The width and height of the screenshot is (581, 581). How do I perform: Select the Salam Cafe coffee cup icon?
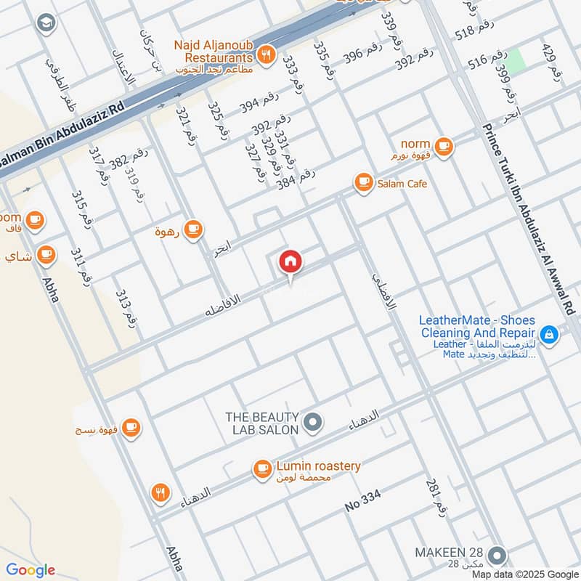pos(362,183)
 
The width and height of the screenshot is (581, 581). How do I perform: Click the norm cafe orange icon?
pos(444,146)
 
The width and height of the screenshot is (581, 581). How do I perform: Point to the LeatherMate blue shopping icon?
pos(550,334)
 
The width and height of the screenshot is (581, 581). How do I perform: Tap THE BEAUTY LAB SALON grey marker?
pos(313,422)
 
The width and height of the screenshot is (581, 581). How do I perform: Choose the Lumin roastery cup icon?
pos(261,470)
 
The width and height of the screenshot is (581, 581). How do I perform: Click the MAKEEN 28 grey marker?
pos(497,556)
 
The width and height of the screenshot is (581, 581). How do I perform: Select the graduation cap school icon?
pos(46,23)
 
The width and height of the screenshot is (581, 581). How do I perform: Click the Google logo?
pos(30,570)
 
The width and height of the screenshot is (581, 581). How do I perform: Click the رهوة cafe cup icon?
pos(192,230)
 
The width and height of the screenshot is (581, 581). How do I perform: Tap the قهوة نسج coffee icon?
pos(131,427)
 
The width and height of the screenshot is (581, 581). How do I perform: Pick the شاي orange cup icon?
pos(46,255)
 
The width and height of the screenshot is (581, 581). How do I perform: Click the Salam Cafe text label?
pos(402,184)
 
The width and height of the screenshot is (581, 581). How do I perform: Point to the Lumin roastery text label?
pos(318,466)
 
